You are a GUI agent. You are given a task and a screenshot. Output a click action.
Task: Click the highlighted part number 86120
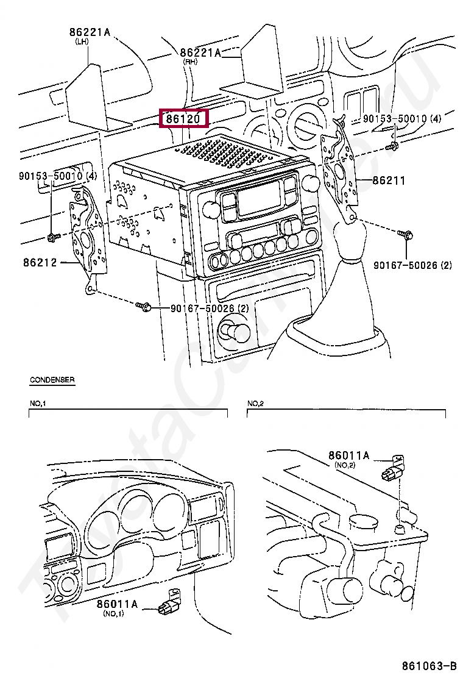(x=183, y=119)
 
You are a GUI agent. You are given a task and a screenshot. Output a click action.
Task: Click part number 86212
(x=40, y=263)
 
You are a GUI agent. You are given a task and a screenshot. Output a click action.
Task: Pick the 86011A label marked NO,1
(x=118, y=604)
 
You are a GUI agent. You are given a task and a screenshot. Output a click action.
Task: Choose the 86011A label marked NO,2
(x=349, y=455)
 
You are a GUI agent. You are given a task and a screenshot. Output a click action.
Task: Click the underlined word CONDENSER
(x=52, y=380)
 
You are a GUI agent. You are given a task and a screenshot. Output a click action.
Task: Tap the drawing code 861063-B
(x=428, y=665)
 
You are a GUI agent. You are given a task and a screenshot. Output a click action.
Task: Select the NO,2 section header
(x=255, y=404)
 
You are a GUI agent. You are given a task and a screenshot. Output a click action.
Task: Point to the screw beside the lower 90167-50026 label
(x=144, y=307)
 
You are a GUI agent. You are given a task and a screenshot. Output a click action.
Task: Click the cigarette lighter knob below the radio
(x=235, y=332)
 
